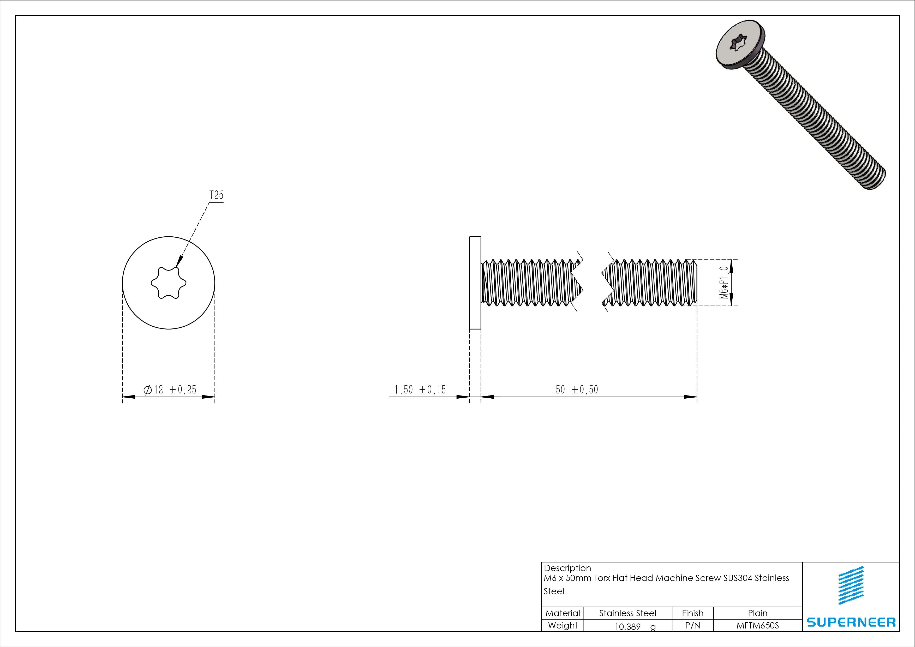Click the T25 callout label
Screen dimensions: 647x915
coord(216,195)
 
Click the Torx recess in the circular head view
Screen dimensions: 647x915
coord(169,283)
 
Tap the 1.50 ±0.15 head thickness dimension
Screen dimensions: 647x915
coord(420,390)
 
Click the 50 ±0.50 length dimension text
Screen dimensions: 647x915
coord(577,390)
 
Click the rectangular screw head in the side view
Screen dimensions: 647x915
coord(475,283)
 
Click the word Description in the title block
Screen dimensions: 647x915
coord(567,568)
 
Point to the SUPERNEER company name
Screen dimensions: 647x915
coord(851,622)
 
